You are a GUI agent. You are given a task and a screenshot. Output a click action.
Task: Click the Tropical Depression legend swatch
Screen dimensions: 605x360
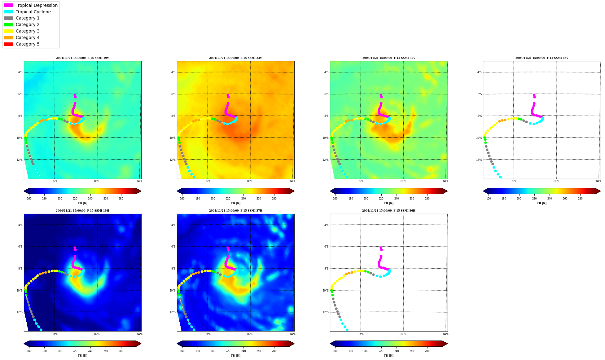pyautogui.click(x=8, y=5)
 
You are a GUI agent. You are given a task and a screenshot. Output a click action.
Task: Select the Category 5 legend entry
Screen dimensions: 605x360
pyautogui.click(x=28, y=44)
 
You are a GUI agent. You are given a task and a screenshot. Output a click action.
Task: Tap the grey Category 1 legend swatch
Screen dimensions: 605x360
pyautogui.click(x=8, y=18)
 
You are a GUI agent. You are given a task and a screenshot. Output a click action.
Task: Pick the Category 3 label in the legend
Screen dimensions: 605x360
pyautogui.click(x=28, y=31)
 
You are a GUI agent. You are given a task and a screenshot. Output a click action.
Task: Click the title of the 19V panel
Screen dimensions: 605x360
pyautogui.click(x=82, y=58)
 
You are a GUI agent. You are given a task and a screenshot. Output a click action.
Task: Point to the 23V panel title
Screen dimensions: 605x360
pyautogui.click(x=235, y=58)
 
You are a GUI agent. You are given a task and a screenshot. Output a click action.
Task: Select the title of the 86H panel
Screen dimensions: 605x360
pyautogui.click(x=388, y=211)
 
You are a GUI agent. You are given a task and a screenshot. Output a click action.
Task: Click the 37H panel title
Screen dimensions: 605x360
pyautogui.click(x=235, y=211)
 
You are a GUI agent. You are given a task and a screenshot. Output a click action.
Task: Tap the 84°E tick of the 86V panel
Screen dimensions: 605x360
pyautogui.click(x=599, y=181)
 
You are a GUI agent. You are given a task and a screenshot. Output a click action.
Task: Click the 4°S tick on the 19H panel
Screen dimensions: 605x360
pyautogui.click(x=20, y=225)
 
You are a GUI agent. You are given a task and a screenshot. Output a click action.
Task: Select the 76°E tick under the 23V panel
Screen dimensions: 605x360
pyautogui.click(x=208, y=181)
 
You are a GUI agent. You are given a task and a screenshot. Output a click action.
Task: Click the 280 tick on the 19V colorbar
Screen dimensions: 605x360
pyautogui.click(x=121, y=199)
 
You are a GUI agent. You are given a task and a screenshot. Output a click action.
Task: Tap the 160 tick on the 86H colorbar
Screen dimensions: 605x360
pyautogui.click(x=335, y=351)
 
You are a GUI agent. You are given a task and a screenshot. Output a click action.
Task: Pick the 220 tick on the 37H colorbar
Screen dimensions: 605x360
pyautogui.click(x=228, y=351)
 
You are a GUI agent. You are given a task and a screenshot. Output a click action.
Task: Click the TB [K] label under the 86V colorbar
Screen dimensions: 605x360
pyautogui.click(x=541, y=203)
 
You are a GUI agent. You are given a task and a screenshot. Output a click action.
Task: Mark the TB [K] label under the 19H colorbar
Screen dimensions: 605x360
pyautogui.click(x=82, y=356)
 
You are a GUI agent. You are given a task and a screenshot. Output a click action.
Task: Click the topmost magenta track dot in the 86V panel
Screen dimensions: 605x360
pyautogui.click(x=534, y=95)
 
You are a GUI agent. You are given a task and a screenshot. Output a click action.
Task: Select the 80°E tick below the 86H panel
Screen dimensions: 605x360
pyautogui.click(x=403, y=334)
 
